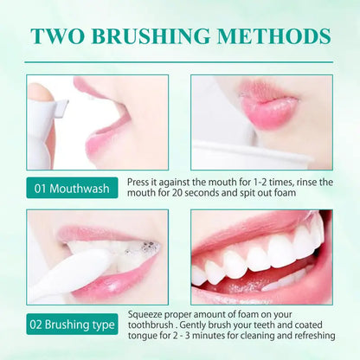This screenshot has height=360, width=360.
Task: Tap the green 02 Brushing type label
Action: click(73, 325)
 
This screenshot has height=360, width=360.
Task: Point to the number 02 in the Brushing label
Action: click(42, 325)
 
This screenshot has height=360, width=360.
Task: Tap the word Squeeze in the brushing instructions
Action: click(147, 314)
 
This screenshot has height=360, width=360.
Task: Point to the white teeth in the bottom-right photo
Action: click(260, 257)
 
